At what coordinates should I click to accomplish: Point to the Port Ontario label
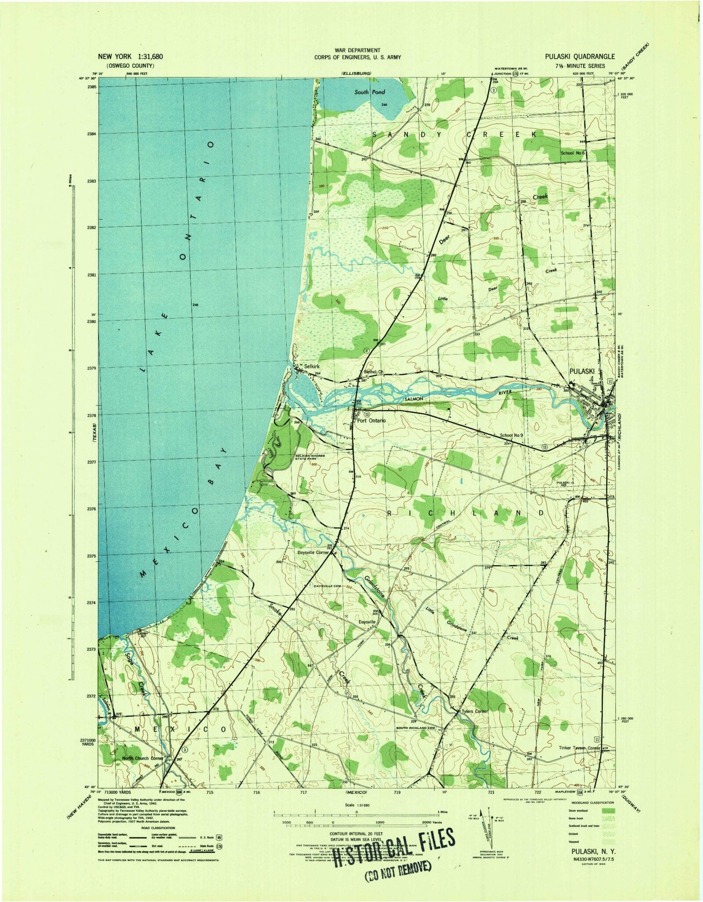click(372, 421)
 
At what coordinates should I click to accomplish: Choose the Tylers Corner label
click(475, 711)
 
